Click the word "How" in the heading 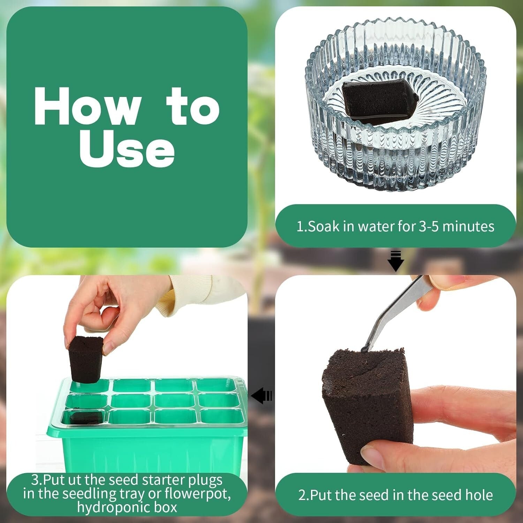point(87,106)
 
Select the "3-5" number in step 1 point(429,227)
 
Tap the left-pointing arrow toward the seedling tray point(261,396)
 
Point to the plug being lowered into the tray point(85,359)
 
